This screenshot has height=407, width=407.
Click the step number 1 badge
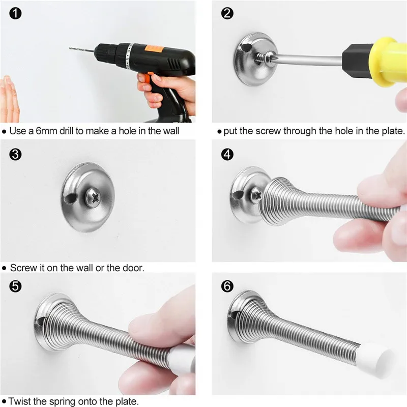click(15, 13)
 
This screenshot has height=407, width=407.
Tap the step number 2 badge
click(227, 13)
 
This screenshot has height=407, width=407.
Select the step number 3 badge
click(15, 155)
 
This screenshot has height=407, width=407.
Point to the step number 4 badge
click(227, 155)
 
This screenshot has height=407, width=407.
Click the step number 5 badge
click(15, 286)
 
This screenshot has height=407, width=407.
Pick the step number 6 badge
click(227, 286)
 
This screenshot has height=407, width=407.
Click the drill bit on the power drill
click(81, 50)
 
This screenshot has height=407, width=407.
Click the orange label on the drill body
click(155, 48)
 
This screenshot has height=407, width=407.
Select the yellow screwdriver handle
click(388, 62)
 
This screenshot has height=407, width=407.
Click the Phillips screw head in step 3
click(93, 198)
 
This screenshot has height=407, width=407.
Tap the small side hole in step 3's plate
click(70, 198)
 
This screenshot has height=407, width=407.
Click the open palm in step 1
click(9, 99)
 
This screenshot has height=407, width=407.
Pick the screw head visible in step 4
click(256, 195)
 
